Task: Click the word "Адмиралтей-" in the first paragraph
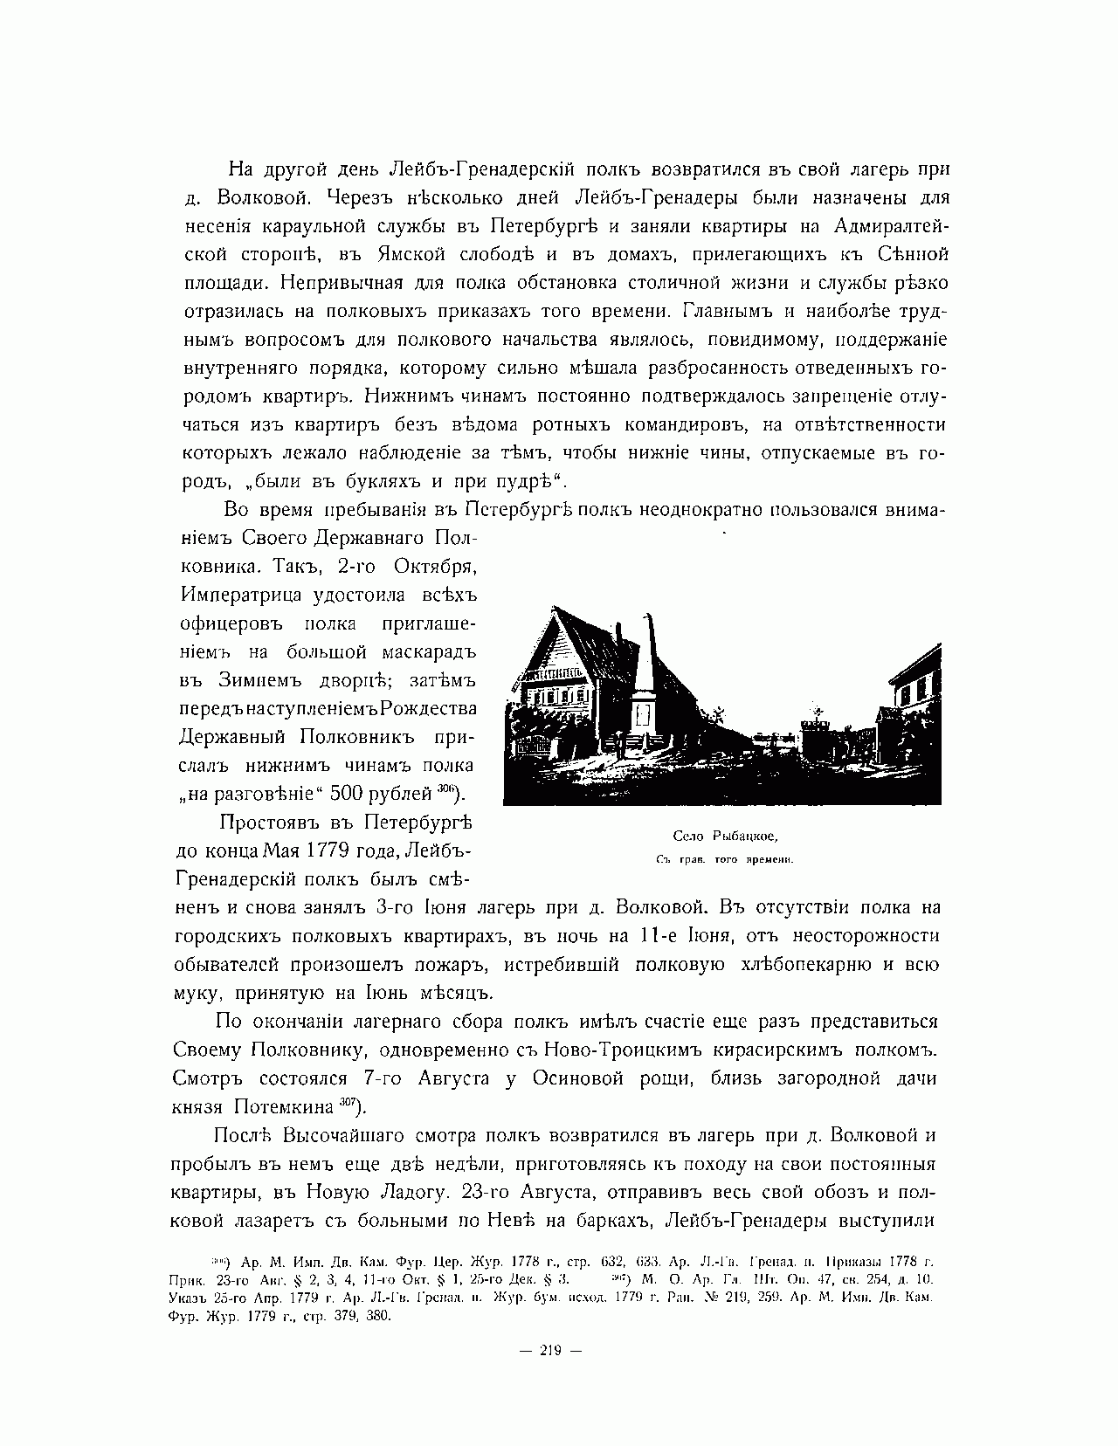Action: pyautogui.click(x=892, y=227)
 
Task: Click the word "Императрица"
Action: pyautogui.click(x=241, y=595)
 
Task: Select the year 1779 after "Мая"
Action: pyautogui.click(x=346, y=850)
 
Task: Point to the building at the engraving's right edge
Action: pyautogui.click(x=914, y=690)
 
